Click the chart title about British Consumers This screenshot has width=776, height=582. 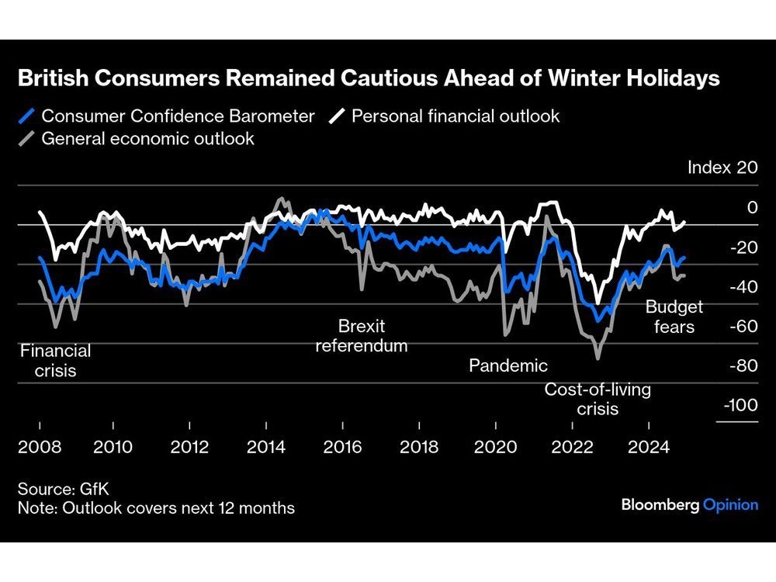pos(369,78)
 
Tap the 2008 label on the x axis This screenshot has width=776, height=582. pos(39,448)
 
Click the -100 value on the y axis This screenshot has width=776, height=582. pos(739,406)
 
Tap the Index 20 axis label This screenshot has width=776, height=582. pos(722,168)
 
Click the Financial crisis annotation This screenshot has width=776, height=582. pos(55,360)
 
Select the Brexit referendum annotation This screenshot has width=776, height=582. pos(362,335)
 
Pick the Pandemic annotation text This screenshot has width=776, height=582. pos(508,365)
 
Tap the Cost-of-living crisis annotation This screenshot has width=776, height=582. pos(598,399)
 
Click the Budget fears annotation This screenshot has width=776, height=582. pos(674,317)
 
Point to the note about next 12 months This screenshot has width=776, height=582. pos(156,508)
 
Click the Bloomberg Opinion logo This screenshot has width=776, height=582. pos(689,505)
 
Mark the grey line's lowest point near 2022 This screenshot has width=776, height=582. pos(598,359)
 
